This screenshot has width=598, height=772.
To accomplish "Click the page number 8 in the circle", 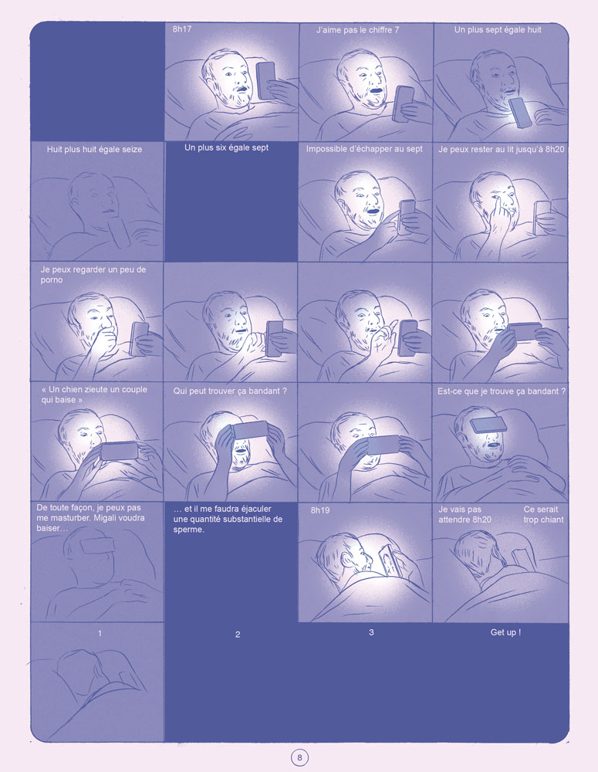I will tap(299, 757).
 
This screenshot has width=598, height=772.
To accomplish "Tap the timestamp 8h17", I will tap(182, 30).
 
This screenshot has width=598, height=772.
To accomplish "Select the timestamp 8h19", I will tap(320, 511).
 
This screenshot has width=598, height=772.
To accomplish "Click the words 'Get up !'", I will tap(505, 632).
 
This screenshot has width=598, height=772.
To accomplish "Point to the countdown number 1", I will tap(100, 634).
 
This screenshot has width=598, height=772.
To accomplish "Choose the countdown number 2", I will tap(238, 635).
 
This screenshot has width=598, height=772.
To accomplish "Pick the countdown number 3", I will tap(372, 632).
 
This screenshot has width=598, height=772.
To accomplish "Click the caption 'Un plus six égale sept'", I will tap(227, 147).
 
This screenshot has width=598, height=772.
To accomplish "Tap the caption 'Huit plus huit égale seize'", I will tap(94, 148).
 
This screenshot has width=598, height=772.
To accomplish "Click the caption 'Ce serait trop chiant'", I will tap(543, 514).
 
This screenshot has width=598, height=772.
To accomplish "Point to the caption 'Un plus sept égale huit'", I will tap(498, 30).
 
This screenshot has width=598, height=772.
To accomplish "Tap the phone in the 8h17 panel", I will tap(265, 80).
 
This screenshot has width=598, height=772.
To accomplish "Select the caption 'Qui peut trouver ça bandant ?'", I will tap(231, 391).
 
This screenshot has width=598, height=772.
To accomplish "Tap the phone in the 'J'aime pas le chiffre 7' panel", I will tap(403, 103).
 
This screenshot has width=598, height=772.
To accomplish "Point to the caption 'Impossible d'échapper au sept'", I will tap(364, 149).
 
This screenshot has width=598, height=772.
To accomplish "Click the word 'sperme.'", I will tap(189, 530).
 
